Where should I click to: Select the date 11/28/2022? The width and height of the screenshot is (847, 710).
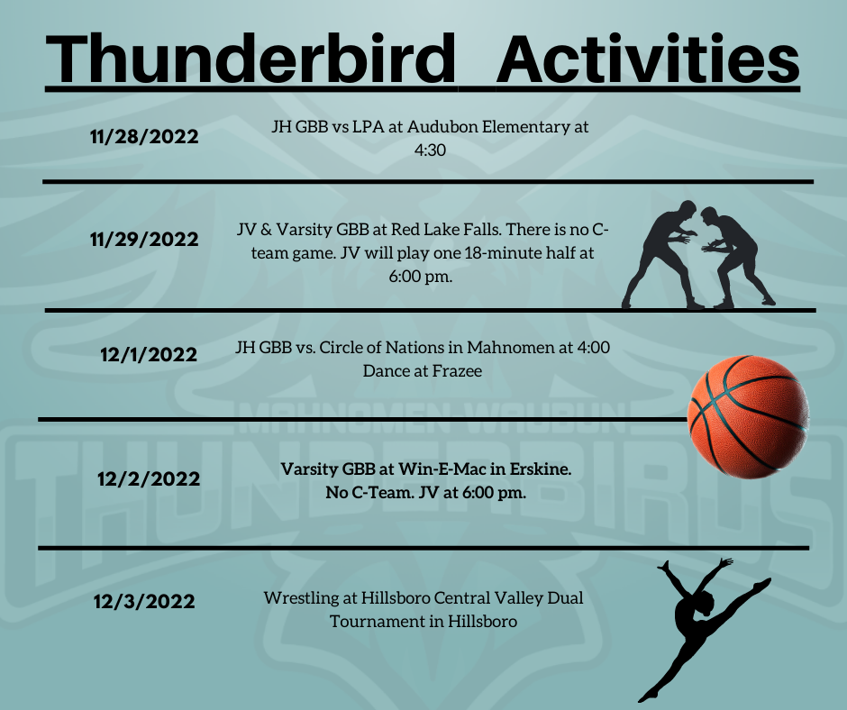tap(144, 137)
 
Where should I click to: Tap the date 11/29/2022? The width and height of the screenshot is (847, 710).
tap(144, 240)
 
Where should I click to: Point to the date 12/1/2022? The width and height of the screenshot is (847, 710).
tap(149, 355)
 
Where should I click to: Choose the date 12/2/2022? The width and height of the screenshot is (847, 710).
tap(149, 479)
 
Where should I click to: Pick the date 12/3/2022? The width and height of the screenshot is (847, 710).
tap(144, 602)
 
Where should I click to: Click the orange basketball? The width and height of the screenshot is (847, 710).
tap(748, 416)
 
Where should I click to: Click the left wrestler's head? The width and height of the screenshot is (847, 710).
tap(688, 210)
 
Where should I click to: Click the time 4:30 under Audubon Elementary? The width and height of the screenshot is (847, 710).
tap(430, 150)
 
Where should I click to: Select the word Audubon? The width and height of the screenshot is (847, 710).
tap(442, 126)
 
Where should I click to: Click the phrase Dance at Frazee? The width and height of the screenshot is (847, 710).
tap(423, 371)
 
